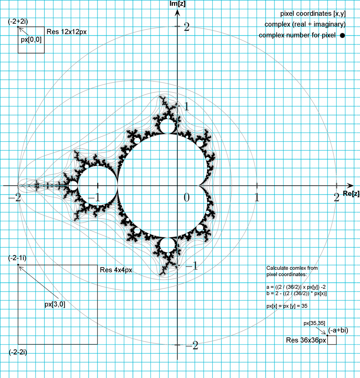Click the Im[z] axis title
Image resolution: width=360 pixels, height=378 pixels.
[x=178, y=4]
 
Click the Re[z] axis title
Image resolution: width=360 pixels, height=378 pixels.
[x=351, y=193]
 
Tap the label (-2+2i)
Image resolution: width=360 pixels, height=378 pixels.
[x=18, y=21]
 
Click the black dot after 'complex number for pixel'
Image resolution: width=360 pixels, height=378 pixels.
[x=342, y=35]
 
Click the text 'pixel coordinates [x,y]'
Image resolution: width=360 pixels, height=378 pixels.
[x=313, y=14]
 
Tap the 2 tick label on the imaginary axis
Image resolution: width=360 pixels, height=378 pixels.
[x=186, y=27]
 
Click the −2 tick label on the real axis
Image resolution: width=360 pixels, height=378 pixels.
[x=15, y=198]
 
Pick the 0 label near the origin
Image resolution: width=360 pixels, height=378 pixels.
[x=186, y=198]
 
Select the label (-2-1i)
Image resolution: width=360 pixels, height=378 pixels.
[x=17, y=258]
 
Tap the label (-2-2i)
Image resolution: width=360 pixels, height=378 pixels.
[x=18, y=352]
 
